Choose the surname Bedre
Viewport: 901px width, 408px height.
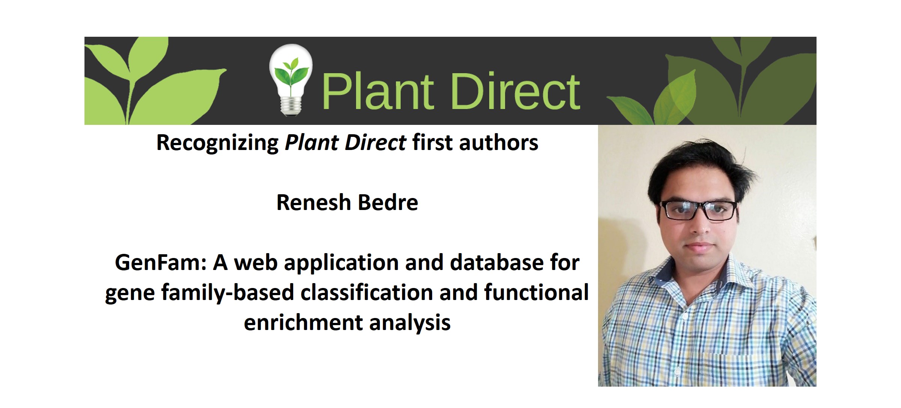[388, 203]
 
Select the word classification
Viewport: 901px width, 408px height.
[366, 292]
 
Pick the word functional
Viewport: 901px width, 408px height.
[536, 292]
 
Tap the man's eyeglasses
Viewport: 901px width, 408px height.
[699, 210]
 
